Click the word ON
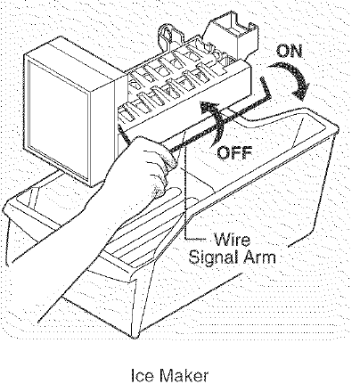289,51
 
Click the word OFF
234,152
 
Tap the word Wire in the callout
232,240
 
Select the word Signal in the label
211,257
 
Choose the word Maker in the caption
184,375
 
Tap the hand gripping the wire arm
143,172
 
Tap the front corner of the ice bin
137,336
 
